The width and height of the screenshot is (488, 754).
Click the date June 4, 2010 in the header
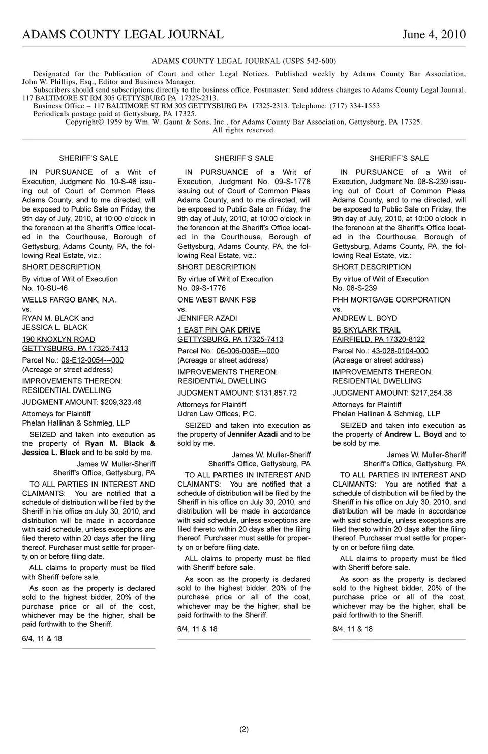[434, 35]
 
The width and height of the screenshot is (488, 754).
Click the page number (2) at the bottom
[244, 729]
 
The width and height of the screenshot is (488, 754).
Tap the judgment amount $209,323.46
[121, 402]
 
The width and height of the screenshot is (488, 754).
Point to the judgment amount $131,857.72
[277, 393]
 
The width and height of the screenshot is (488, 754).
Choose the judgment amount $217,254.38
[432, 393]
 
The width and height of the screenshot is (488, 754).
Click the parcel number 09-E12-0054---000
[93, 360]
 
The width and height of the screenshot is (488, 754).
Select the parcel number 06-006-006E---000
[248, 351]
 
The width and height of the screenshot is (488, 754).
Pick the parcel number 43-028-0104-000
[400, 351]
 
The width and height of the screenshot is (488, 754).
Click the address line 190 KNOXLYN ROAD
[58, 340]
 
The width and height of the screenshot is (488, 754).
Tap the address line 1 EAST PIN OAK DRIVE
[219, 330]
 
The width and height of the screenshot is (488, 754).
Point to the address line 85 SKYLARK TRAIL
[366, 330]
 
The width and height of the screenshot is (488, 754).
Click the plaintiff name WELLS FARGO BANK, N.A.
[69, 300]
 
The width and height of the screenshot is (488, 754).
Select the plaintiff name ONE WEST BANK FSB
[217, 300]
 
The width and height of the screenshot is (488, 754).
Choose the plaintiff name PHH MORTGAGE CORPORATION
[391, 300]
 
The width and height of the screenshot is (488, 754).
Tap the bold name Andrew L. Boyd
[413, 435]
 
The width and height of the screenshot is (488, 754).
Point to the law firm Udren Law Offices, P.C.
[217, 414]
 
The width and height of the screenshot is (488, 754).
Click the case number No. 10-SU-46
[45, 288]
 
